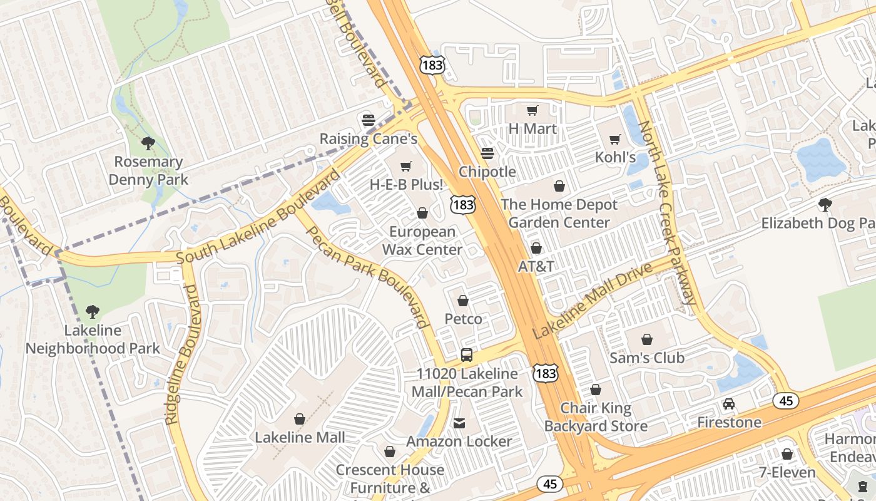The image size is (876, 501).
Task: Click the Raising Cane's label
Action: coord(368,138)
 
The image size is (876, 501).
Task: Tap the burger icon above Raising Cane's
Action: coord(368,119)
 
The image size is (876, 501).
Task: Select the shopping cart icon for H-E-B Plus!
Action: coord(406,166)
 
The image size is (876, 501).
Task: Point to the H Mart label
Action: coord(532,128)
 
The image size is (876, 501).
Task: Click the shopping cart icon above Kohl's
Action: coord(615,139)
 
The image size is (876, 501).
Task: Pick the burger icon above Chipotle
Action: coord(487,153)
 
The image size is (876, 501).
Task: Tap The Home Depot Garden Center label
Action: coord(559,214)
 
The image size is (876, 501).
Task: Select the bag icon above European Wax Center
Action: coord(422,214)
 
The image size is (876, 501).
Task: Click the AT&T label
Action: coord(536,266)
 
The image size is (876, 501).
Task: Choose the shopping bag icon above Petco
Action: coord(463,301)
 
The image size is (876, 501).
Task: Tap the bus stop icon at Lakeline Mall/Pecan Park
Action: coord(467,355)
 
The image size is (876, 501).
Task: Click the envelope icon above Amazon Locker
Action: coord(459,423)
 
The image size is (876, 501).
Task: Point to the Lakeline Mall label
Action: coord(300,437)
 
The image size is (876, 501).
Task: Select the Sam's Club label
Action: coord(647,358)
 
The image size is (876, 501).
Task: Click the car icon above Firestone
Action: coord(729,404)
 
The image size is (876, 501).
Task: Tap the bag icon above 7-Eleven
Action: coord(787,454)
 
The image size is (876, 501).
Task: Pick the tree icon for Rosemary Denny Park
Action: coord(148,143)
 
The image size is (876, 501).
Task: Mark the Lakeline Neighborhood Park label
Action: coord(93,339)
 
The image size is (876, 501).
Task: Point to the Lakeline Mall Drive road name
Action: coord(592,300)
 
